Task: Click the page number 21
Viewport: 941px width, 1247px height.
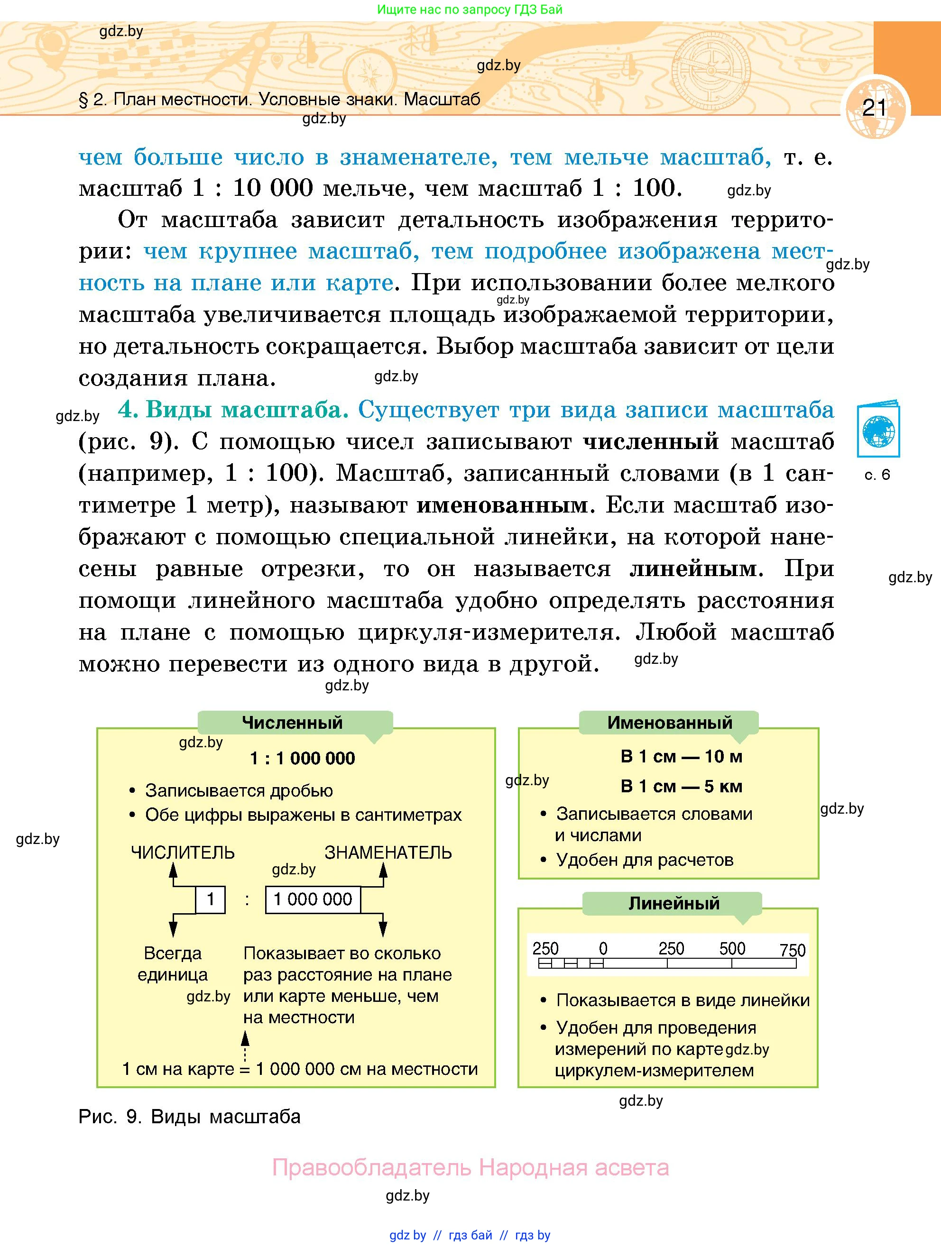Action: pyautogui.click(x=875, y=107)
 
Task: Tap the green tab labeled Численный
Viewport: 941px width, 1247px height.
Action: pyautogui.click(x=292, y=722)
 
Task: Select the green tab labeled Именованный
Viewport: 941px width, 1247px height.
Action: pyautogui.click(x=669, y=722)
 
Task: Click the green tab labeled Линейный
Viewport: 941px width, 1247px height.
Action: pyautogui.click(x=674, y=903)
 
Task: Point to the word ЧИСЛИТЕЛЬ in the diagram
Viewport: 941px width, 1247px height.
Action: pyautogui.click(x=183, y=853)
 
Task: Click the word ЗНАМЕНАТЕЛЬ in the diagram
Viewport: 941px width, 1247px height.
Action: pyautogui.click(x=388, y=853)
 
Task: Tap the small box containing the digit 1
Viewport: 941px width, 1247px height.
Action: pyautogui.click(x=210, y=899)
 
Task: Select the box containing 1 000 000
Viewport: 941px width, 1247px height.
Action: pyautogui.click(x=313, y=899)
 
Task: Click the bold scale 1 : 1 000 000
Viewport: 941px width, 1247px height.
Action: pyautogui.click(x=302, y=758)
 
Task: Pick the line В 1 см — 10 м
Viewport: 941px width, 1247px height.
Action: pyautogui.click(x=681, y=757)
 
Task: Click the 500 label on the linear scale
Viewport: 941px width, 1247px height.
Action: pyautogui.click(x=732, y=949)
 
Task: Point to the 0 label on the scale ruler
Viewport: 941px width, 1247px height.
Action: pyautogui.click(x=603, y=949)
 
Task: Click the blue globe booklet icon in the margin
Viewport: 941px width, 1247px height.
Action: pyautogui.click(x=878, y=430)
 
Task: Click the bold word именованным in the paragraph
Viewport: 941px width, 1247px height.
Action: pyautogui.click(x=502, y=505)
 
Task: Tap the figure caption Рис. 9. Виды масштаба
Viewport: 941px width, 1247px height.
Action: pyautogui.click(x=189, y=1117)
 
